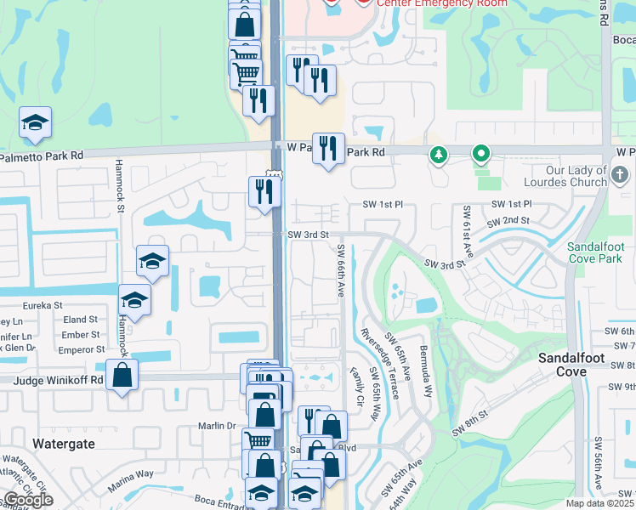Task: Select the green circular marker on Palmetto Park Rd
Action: [481, 155]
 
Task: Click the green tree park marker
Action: [439, 155]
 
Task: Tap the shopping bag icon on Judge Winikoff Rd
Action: [122, 375]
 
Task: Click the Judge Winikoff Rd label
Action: [58, 381]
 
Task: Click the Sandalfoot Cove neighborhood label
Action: [571, 365]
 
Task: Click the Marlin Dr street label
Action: [218, 426]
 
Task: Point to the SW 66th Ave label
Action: [340, 269]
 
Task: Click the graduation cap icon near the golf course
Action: [35, 123]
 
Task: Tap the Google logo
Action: [28, 500]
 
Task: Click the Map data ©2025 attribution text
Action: [599, 503]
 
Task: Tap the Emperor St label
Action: [82, 349]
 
